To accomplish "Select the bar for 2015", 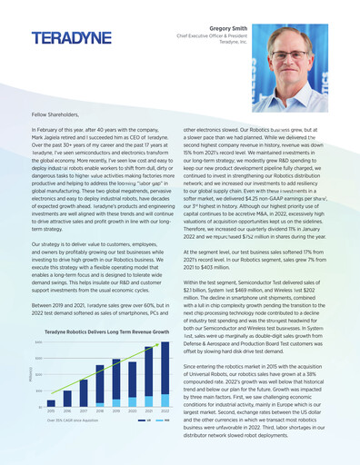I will (51, 404).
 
